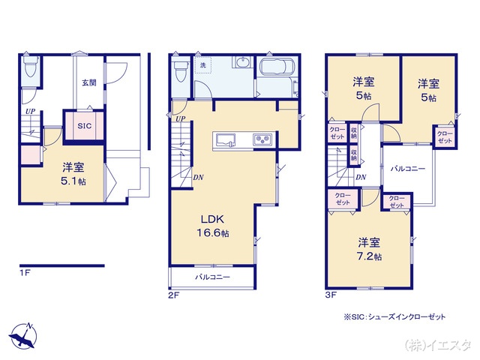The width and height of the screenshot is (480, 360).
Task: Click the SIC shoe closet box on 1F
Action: [84, 126]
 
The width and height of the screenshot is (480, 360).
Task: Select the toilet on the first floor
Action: [30, 69]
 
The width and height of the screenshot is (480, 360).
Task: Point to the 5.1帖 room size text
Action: [73, 182]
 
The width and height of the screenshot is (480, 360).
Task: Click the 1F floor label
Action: [24, 273]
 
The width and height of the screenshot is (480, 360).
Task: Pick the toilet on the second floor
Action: [180, 72]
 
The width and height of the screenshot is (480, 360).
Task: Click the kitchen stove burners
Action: [262, 139]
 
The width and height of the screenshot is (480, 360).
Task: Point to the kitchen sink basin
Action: [226, 139]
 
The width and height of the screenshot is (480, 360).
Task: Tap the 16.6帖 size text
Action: [214, 233]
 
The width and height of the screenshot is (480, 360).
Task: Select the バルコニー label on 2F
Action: [212, 277]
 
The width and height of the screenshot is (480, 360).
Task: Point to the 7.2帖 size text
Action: [368, 256]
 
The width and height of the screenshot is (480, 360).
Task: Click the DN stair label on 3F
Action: [361, 177]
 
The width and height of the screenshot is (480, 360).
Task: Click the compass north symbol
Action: [24, 335]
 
